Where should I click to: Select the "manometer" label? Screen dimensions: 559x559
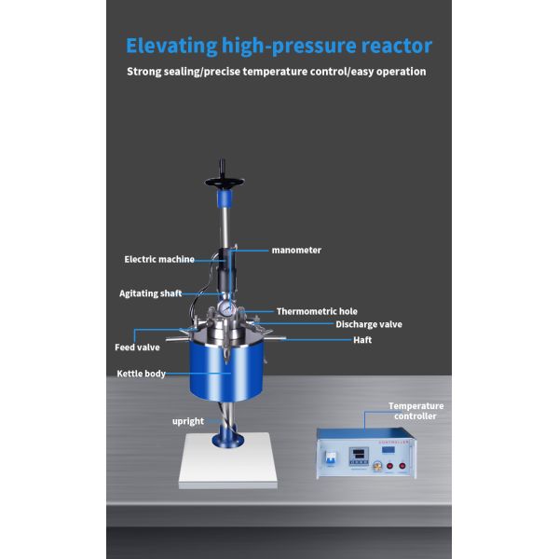pos(295,250)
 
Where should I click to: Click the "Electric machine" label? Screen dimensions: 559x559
pos(161,259)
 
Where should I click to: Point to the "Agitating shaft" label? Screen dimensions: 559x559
pos(150,293)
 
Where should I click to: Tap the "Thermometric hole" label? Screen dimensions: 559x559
pos(316,311)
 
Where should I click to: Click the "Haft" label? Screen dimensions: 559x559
pos(362,340)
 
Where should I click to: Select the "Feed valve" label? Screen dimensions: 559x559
pos(138,347)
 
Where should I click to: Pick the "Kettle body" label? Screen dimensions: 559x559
pos(141,374)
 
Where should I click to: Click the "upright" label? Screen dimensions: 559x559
pos(187,421)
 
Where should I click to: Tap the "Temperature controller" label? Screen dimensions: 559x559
pos(416,411)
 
